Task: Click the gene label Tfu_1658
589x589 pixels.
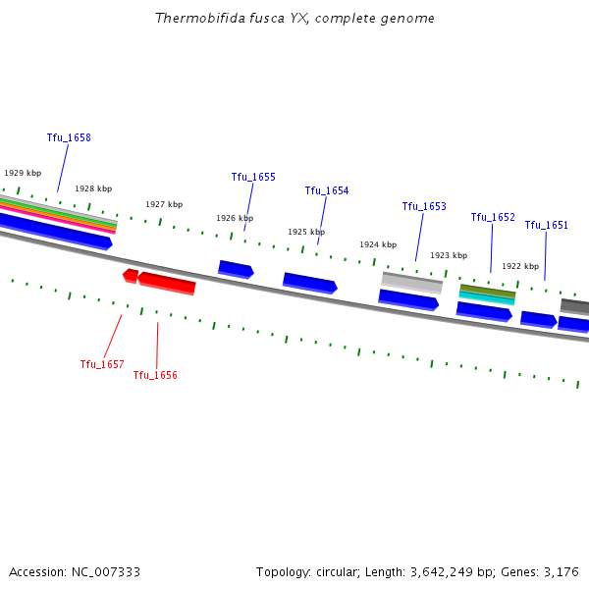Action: (69, 138)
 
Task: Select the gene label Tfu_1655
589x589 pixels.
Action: (253, 178)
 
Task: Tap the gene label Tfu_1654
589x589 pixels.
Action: (327, 191)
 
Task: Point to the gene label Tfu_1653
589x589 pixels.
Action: (424, 207)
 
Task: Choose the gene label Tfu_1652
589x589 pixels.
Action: (493, 218)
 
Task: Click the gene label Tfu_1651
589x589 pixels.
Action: (547, 226)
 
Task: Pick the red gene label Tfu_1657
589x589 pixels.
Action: (102, 365)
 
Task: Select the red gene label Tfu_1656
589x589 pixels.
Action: (155, 376)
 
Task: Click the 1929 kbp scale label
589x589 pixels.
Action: (23, 173)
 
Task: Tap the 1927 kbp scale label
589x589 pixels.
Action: (164, 205)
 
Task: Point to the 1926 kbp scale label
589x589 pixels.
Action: (235, 219)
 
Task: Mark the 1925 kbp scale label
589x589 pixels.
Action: (306, 233)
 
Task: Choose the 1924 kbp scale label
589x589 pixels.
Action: (378, 245)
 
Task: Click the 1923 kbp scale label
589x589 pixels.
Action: (449, 256)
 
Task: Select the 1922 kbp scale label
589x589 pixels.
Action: (520, 267)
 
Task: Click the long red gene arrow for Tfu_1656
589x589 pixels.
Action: (167, 283)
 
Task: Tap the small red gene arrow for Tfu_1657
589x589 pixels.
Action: (131, 276)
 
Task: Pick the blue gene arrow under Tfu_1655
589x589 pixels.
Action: (236, 269)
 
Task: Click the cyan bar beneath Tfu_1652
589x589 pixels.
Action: (487, 297)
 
